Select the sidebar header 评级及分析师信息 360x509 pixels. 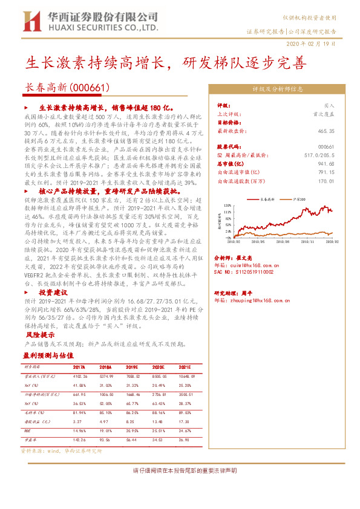click(x=277, y=89)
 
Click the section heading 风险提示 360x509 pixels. click(x=37, y=334)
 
